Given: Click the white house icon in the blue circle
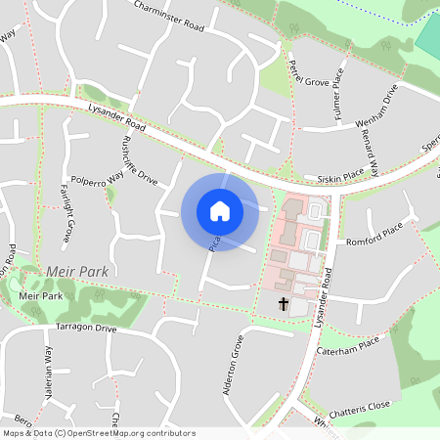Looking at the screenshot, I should tap(219, 211).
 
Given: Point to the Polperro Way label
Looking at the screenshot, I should tap(99, 181).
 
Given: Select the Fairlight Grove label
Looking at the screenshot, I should tap(67, 213).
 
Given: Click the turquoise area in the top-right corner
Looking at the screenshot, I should tap(427, 33).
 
